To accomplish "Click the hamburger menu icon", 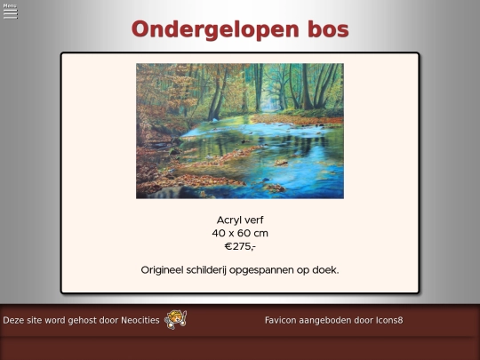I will click(x=11, y=14).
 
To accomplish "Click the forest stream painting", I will click(x=239, y=130).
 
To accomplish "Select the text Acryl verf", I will click(x=240, y=220).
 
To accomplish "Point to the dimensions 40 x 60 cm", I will click(x=240, y=233).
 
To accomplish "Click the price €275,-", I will click(x=240, y=246).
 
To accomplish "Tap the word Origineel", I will click(x=167, y=269).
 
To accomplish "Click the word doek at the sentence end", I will click(x=324, y=269).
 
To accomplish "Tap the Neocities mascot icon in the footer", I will click(x=176, y=319).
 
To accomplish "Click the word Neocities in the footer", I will click(x=138, y=319).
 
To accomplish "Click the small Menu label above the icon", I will click(x=10, y=5).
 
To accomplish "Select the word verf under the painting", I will click(x=252, y=220).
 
